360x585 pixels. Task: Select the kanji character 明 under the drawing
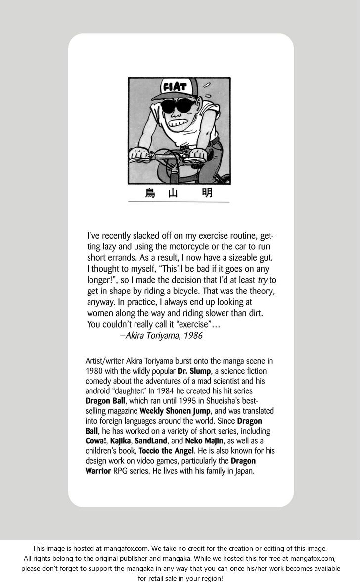(208, 193)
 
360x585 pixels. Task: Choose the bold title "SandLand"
(150, 440)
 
